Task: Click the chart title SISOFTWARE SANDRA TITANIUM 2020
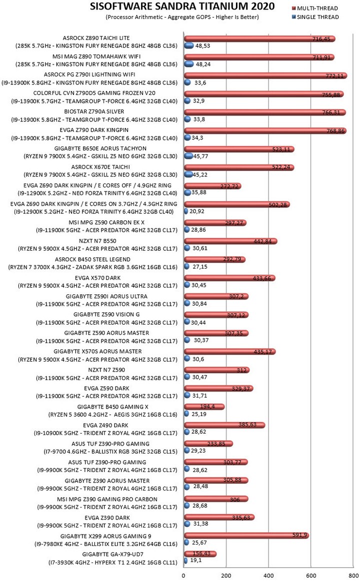coord(182,6)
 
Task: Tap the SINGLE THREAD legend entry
coord(315,17)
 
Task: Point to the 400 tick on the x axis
coord(268,575)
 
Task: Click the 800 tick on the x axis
coord(353,575)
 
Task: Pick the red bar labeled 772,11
coord(265,75)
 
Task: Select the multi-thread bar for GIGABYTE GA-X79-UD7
coord(200,554)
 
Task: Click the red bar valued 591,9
coord(246,535)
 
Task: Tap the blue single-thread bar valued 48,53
coord(189,45)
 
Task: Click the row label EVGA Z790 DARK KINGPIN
coord(94,130)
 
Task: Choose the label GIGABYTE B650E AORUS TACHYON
coord(100,148)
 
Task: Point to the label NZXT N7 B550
coord(97,241)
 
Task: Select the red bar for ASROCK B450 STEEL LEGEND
coord(214,259)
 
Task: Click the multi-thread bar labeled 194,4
coord(204,406)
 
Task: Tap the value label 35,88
coord(199,192)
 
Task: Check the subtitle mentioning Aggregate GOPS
coord(182,17)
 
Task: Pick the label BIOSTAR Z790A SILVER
coord(94,111)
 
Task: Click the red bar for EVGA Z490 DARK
coord(224,425)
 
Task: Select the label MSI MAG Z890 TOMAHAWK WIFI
coord(96,56)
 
